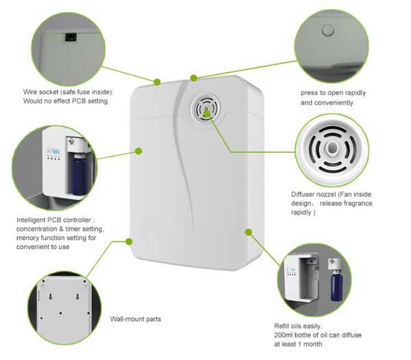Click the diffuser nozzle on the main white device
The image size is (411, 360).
(206, 108)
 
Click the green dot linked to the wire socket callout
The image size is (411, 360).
(157, 82)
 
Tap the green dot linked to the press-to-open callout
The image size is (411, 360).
(194, 77)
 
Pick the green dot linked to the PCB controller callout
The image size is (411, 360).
(138, 150)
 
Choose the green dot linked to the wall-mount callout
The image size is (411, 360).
(130, 241)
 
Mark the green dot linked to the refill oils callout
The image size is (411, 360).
(248, 232)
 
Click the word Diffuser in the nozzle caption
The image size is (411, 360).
(304, 194)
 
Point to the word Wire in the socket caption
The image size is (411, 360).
(28, 92)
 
